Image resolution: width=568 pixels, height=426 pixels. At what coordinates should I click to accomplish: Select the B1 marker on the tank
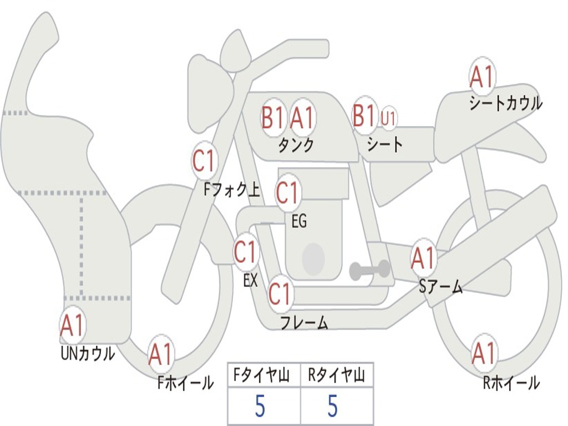(x=273, y=118)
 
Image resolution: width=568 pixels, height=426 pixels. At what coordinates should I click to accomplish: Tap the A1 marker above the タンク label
(x=302, y=118)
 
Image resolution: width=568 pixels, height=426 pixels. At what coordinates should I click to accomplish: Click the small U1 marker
(x=388, y=118)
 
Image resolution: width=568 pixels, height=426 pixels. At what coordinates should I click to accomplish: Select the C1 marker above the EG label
(x=287, y=193)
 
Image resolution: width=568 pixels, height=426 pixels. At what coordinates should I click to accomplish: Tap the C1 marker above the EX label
(x=245, y=253)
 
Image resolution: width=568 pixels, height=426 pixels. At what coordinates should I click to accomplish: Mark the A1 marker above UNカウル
(x=72, y=326)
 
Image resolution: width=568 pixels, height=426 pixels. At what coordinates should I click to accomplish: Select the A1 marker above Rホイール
(x=483, y=353)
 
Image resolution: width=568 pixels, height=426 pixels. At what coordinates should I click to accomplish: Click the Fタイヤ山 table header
(x=263, y=376)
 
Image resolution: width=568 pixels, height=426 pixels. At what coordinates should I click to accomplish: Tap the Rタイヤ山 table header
(x=337, y=376)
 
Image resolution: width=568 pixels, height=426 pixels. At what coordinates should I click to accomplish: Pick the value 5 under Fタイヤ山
(x=260, y=407)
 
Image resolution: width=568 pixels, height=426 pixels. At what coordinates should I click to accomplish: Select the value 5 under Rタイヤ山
(x=333, y=407)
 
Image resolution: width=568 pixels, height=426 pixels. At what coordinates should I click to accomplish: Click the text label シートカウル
(x=505, y=103)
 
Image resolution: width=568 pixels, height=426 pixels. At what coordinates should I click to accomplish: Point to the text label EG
(x=299, y=222)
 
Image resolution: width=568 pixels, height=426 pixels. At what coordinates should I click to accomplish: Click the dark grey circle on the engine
(x=313, y=258)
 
